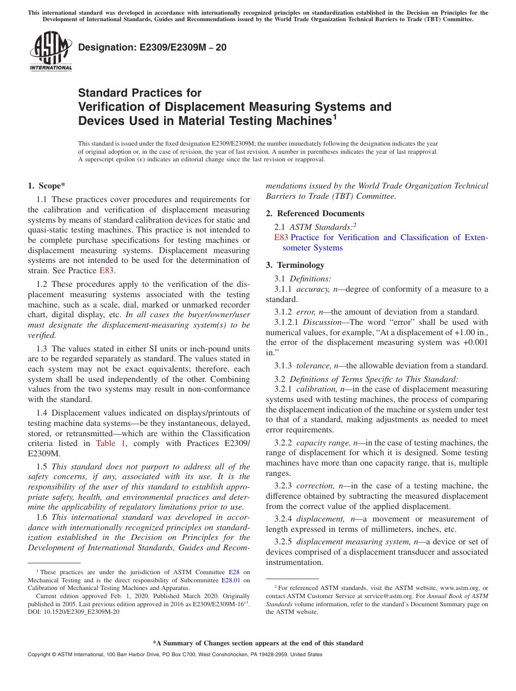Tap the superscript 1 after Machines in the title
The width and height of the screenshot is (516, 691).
click(x=335, y=116)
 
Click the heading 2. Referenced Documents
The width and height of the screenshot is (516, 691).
click(x=315, y=213)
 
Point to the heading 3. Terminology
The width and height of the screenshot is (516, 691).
click(x=295, y=265)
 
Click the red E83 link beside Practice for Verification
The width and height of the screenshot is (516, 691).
click(x=281, y=237)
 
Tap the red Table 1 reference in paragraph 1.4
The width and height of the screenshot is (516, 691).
click(x=110, y=443)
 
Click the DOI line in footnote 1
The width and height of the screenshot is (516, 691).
click(x=73, y=611)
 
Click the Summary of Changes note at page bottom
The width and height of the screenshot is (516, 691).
click(x=257, y=643)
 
